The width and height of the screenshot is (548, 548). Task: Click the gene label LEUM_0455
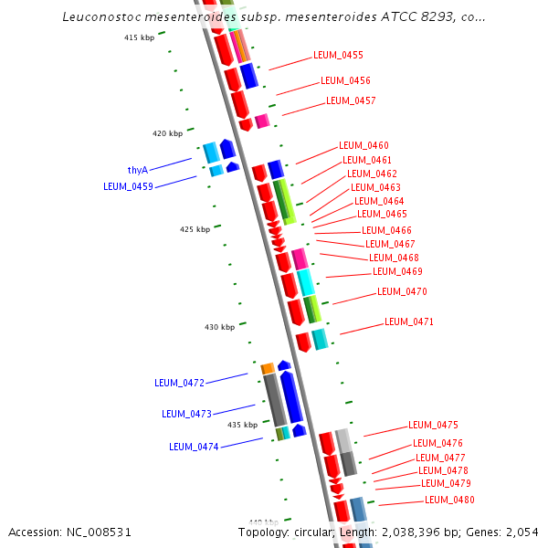pyautogui.click(x=338, y=55)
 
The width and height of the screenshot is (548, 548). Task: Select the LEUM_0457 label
pyautogui.click(x=351, y=100)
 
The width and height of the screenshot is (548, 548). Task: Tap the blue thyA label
pyautogui.click(x=138, y=170)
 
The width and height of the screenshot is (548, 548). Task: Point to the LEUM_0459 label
pyautogui.click(x=128, y=186)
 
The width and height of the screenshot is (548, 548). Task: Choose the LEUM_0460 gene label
pyautogui.click(x=364, y=145)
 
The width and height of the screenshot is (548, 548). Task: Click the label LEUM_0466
pyautogui.click(x=386, y=230)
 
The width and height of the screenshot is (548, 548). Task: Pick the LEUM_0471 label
pyautogui.click(x=409, y=321)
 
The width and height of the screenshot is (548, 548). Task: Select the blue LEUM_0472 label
pyautogui.click(x=179, y=383)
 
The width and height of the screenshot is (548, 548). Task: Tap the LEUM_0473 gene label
pyautogui.click(x=186, y=414)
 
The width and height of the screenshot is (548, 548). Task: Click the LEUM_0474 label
pyautogui.click(x=194, y=447)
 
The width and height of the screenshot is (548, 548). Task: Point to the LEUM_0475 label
pyautogui.click(x=433, y=425)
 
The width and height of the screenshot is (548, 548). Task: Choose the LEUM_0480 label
pyautogui.click(x=449, y=500)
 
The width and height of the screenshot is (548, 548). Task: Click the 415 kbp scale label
pyautogui.click(x=140, y=37)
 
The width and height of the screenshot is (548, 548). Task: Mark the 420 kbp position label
pyautogui.click(x=167, y=133)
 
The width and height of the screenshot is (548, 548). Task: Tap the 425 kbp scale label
pyautogui.click(x=195, y=229)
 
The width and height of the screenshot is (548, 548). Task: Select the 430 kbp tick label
pyautogui.click(x=219, y=327)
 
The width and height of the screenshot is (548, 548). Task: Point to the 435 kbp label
pyautogui.click(x=242, y=425)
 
